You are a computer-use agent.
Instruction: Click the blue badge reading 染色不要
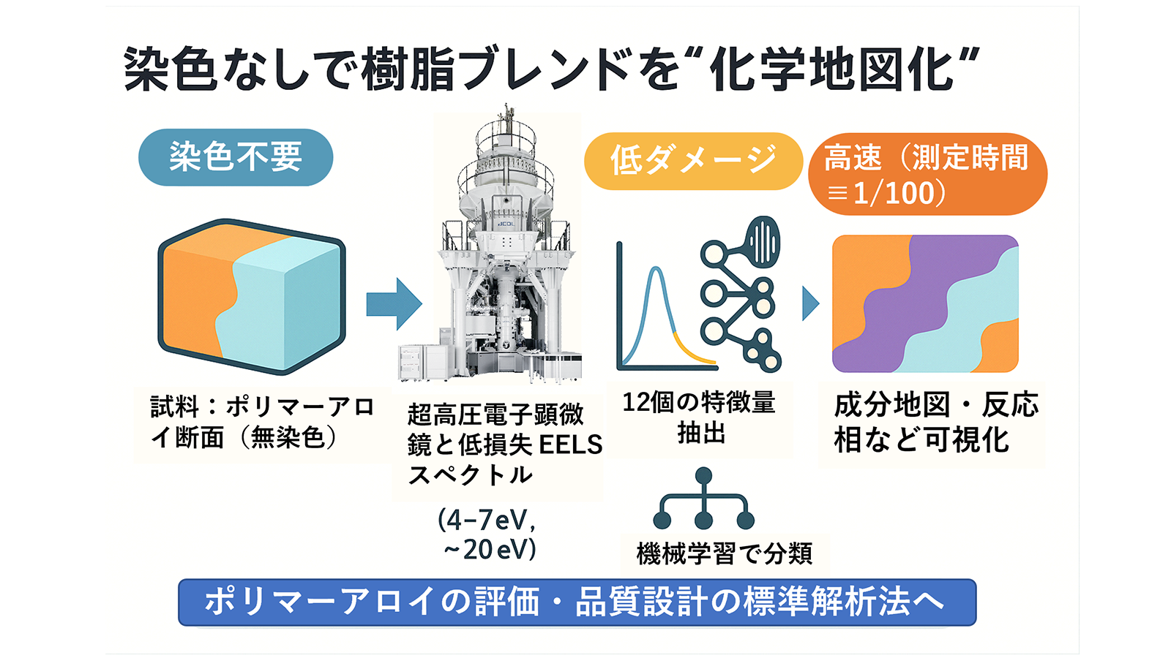[x=236, y=157]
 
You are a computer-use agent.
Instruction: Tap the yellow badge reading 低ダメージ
[x=693, y=161]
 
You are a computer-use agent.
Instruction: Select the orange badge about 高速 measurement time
[x=927, y=174]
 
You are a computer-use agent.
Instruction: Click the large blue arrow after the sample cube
[x=394, y=304]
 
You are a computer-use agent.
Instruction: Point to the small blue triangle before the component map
[x=810, y=303]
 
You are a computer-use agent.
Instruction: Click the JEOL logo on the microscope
[x=506, y=224]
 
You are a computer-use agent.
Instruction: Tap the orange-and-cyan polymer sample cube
[x=252, y=297]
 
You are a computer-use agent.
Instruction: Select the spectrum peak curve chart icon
[x=667, y=307]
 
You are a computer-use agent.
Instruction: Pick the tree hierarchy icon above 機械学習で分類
[x=703, y=499]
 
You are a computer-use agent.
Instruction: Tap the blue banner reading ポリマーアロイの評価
[x=577, y=602]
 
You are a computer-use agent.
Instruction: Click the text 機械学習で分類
[x=725, y=553]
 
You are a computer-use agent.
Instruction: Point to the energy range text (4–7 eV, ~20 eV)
[x=488, y=534]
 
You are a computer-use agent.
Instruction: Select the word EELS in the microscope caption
[x=570, y=445]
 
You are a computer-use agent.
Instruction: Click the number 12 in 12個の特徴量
[x=636, y=403]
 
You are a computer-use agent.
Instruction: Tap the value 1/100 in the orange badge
[x=894, y=193]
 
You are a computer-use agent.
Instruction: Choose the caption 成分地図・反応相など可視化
[x=936, y=423]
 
